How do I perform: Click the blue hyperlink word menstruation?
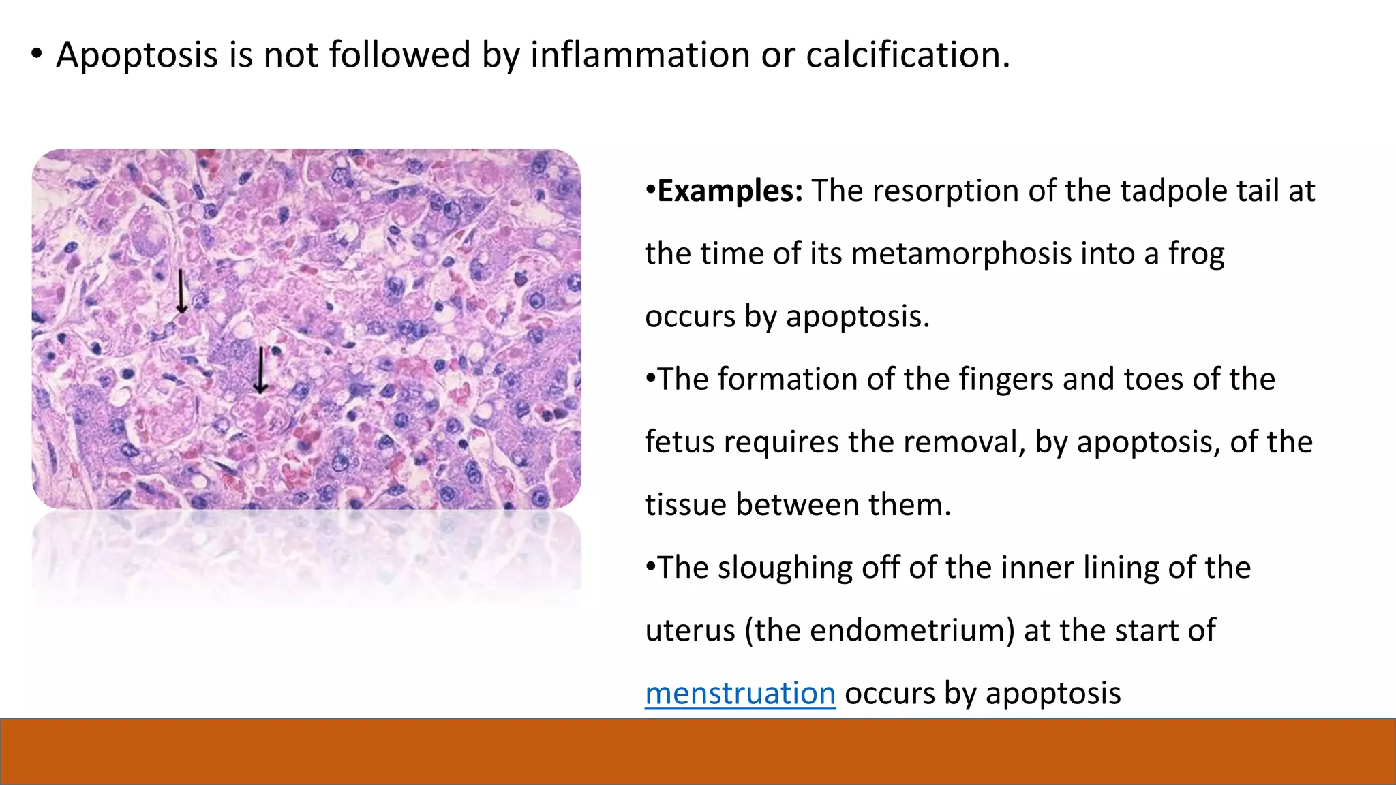pos(740,693)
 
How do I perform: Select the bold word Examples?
pos(730,191)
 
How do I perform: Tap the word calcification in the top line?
pos(908,55)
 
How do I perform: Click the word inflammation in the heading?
pos(640,55)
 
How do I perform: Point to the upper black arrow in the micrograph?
pos(181,292)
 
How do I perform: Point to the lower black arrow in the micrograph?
pos(260,370)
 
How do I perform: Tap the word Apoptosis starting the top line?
pos(136,56)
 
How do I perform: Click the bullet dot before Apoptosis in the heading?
pos(37,55)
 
